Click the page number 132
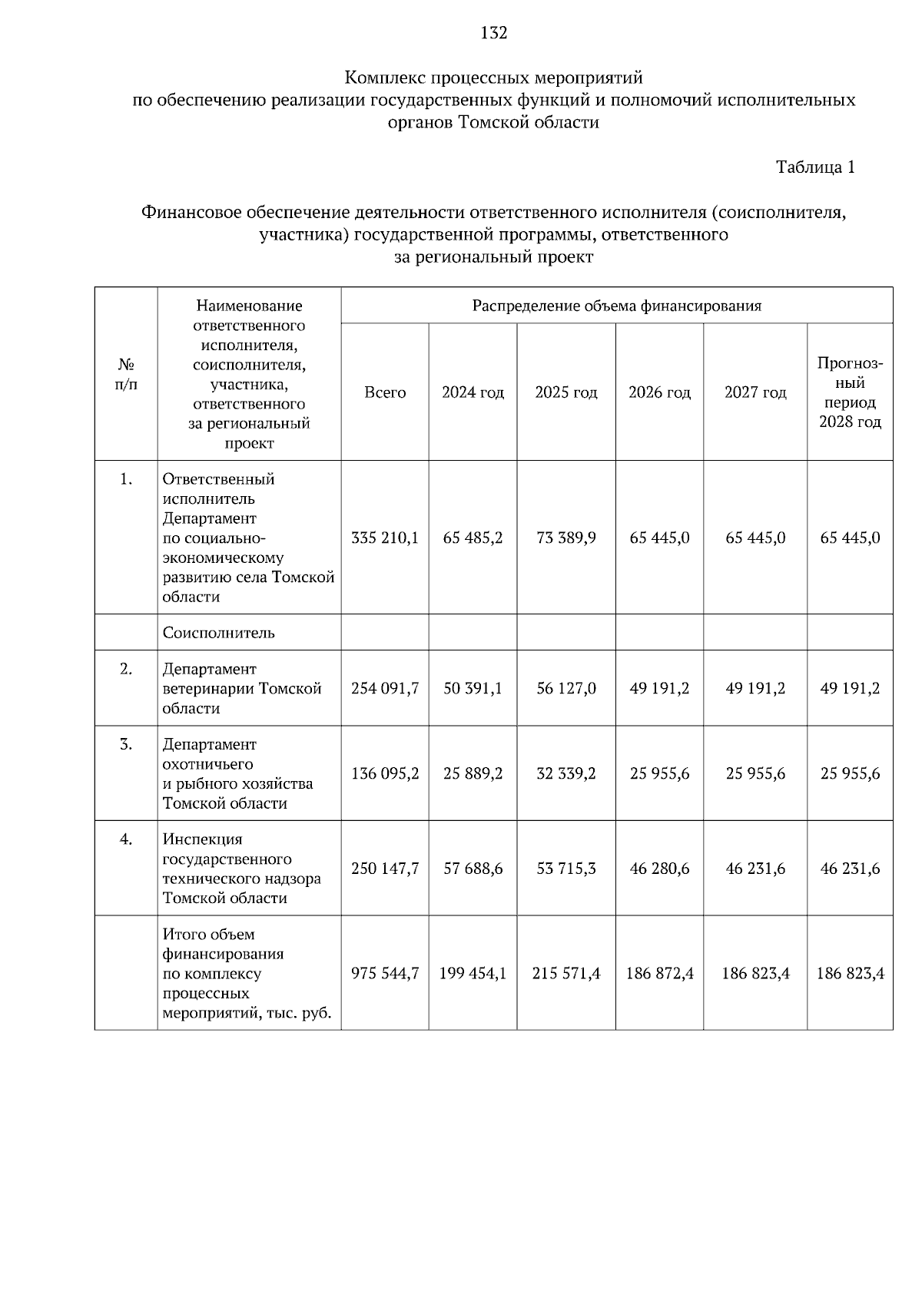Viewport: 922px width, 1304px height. point(494,33)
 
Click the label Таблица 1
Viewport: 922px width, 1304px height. point(815,167)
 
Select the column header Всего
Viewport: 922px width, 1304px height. point(385,392)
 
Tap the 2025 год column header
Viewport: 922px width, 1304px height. point(566,392)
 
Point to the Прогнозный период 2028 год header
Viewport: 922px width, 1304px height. point(850,392)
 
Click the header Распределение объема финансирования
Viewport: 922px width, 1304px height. point(616,306)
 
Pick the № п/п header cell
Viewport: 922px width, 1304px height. point(127,373)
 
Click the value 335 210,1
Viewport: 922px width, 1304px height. point(385,538)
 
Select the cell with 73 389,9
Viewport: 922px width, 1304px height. point(566,538)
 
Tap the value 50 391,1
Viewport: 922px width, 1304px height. point(473,688)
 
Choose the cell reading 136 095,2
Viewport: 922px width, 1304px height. point(385,773)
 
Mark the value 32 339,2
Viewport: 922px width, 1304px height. point(566,773)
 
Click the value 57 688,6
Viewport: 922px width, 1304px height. point(473,869)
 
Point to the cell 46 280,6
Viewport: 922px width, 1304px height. point(659,869)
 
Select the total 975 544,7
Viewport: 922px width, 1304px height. point(385,974)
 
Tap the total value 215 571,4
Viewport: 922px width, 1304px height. point(566,974)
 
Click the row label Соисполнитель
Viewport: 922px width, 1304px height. point(219,633)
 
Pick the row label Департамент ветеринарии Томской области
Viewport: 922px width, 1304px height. point(241,688)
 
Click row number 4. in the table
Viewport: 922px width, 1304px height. point(127,839)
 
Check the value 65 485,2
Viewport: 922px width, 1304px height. point(473,538)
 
